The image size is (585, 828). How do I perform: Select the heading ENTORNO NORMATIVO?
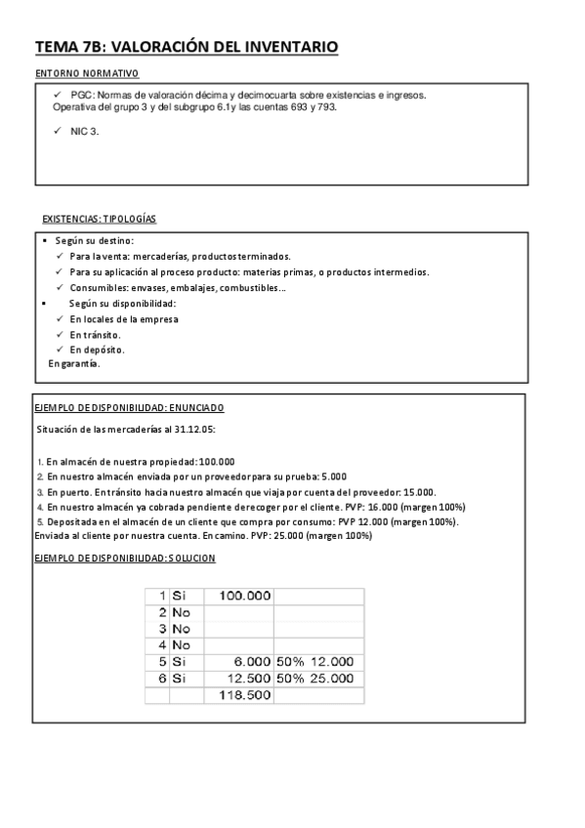click(x=86, y=73)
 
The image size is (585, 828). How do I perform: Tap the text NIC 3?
click(x=85, y=131)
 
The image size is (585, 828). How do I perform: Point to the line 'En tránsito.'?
click(x=95, y=334)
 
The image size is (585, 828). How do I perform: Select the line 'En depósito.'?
click(x=97, y=349)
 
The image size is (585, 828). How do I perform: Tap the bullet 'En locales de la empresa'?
click(x=123, y=319)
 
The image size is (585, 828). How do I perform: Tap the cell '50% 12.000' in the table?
click(x=317, y=661)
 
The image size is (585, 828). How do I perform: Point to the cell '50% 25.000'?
click(x=317, y=678)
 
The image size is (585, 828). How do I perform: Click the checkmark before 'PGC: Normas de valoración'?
click(x=57, y=94)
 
